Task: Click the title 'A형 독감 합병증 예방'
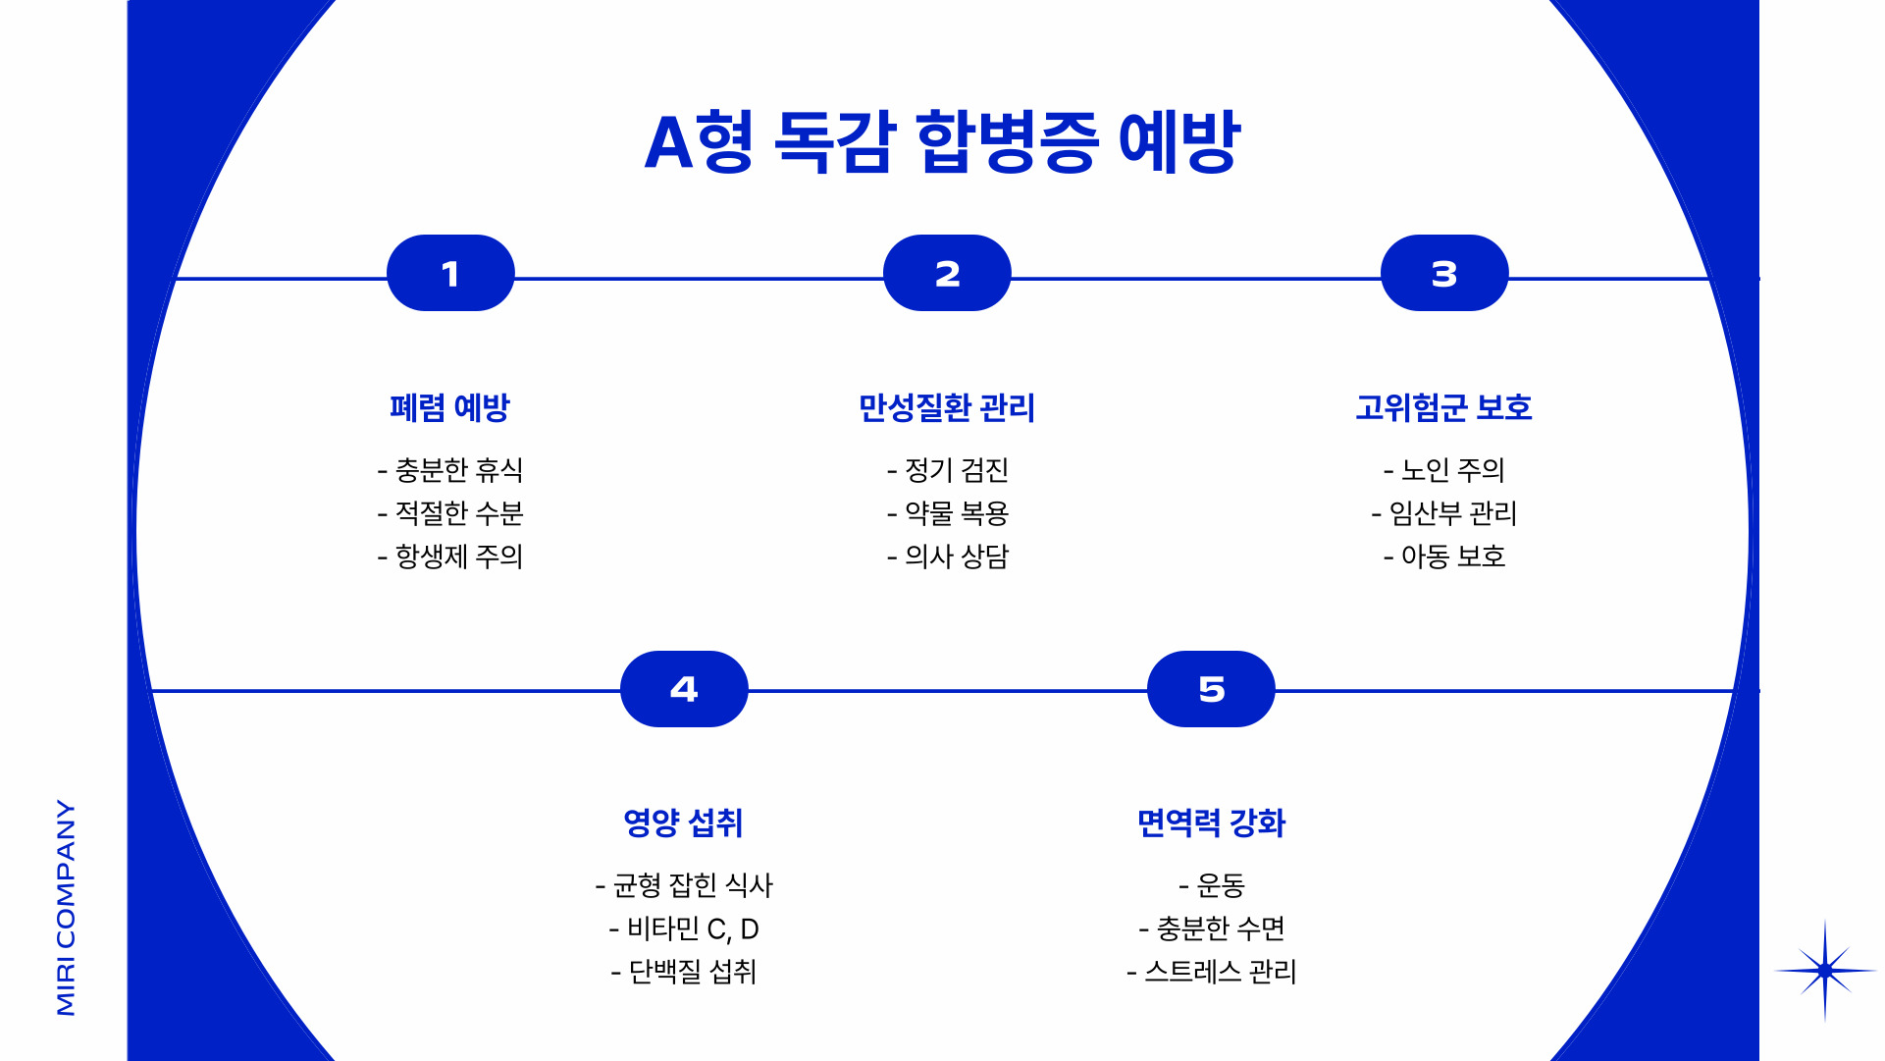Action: tap(942, 142)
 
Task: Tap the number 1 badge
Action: tap(450, 274)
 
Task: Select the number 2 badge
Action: tap(947, 274)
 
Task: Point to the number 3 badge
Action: tap(1443, 274)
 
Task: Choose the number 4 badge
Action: tap(684, 689)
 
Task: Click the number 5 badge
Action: tap(1211, 689)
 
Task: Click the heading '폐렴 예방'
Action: tap(450, 407)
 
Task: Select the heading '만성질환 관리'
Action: tap(947, 407)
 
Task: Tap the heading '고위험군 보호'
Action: tap(1443, 407)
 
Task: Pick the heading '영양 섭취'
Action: tap(684, 822)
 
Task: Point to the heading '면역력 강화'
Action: tap(1211, 822)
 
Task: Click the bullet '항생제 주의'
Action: tap(450, 557)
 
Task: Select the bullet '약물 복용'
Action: tap(948, 513)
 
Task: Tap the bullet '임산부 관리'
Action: tap(1444, 513)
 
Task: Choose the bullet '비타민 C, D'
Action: tap(684, 928)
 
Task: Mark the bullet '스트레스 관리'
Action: tap(1212, 972)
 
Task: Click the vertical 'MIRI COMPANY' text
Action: tap(66, 907)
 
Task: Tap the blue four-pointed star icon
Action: tap(1824, 971)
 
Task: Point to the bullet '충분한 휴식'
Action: tap(450, 470)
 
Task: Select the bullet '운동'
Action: tap(1212, 885)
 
